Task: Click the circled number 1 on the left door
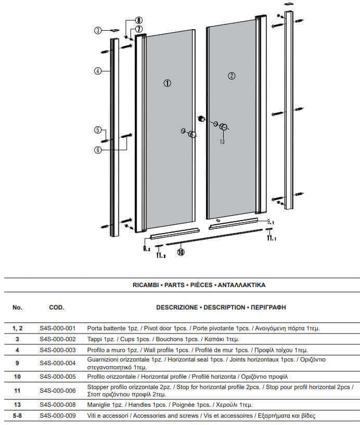tap(168, 83)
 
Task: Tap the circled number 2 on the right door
tap(232, 76)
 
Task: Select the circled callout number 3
tap(97, 31)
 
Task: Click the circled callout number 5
tap(97, 130)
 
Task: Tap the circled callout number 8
tap(139, 20)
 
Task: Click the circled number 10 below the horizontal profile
tap(181, 252)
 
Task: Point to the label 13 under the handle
tap(222, 141)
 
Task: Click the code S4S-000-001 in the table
tap(58, 328)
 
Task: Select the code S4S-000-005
tap(58, 376)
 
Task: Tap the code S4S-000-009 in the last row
tap(58, 416)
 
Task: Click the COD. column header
tap(56, 307)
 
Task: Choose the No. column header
tap(17, 307)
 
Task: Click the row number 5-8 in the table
tap(17, 416)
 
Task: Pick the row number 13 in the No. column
tap(17, 404)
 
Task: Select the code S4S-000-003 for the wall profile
tap(58, 350)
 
